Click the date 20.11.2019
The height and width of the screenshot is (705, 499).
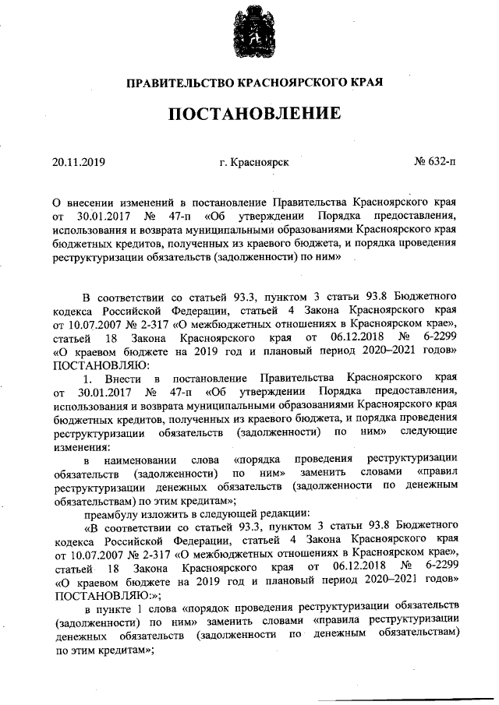[x=79, y=162]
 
